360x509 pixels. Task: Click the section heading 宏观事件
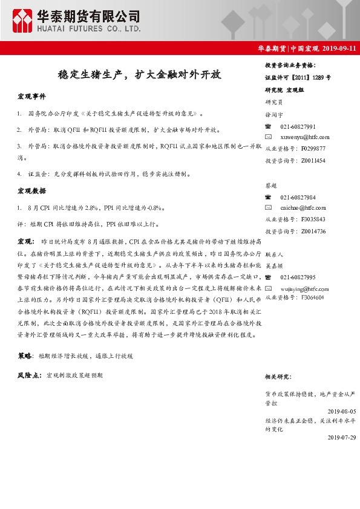(31, 97)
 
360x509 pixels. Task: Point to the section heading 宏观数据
(31, 191)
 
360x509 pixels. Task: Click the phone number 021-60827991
(298, 126)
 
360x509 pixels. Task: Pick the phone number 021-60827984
(298, 198)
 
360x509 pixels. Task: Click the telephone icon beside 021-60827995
(269, 277)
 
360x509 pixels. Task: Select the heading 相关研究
(278, 377)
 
